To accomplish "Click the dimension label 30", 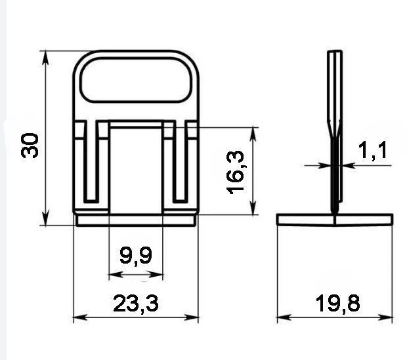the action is click(30, 145).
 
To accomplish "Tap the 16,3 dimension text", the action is click(236, 172).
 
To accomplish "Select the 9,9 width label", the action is click(136, 256).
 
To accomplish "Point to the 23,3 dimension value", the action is click(136, 303).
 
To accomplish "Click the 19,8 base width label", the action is click(338, 303).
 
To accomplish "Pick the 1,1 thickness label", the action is click(373, 150).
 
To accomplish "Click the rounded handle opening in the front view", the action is click(136, 80).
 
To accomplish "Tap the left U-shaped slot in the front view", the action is click(91, 161).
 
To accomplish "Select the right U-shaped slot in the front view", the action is click(181, 161).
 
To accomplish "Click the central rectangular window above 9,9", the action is click(136, 170).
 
